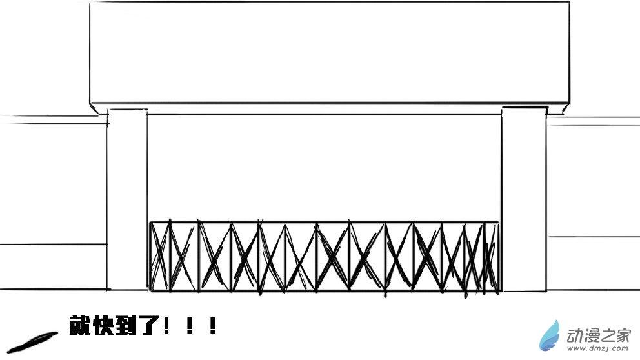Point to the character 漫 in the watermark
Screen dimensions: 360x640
(591, 335)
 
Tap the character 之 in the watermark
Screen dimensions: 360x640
(608, 335)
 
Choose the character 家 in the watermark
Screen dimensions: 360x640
(624, 335)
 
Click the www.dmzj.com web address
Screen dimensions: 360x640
(599, 349)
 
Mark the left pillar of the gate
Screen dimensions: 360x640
(127, 200)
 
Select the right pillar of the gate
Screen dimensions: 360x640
(525, 200)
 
